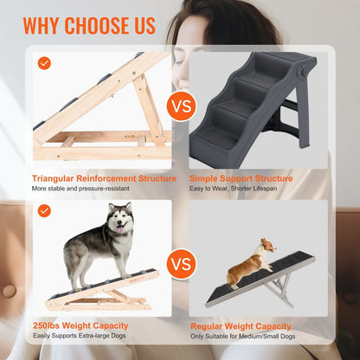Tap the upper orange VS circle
point(179,107)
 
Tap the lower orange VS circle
point(179,262)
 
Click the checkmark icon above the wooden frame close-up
point(42,63)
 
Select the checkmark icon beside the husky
point(42,210)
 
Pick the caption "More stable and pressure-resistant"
point(81,189)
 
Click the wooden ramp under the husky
point(104,277)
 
